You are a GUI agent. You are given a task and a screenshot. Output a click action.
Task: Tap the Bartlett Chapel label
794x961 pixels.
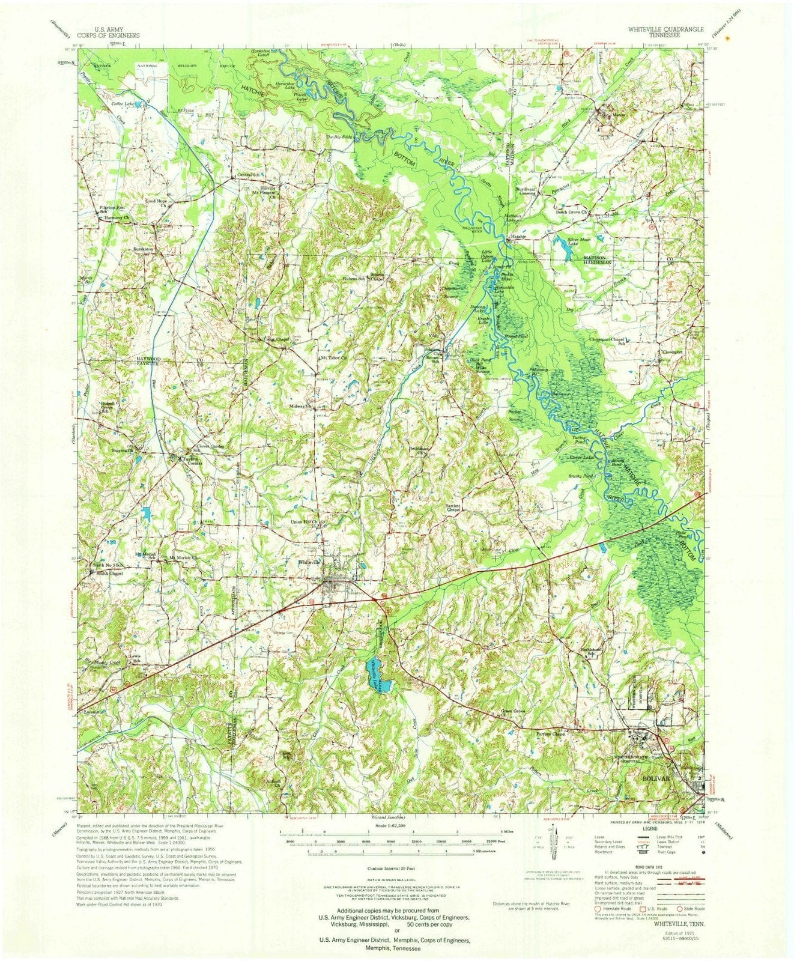(x=452, y=508)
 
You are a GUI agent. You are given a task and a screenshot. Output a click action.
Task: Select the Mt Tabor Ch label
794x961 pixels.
(x=334, y=358)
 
